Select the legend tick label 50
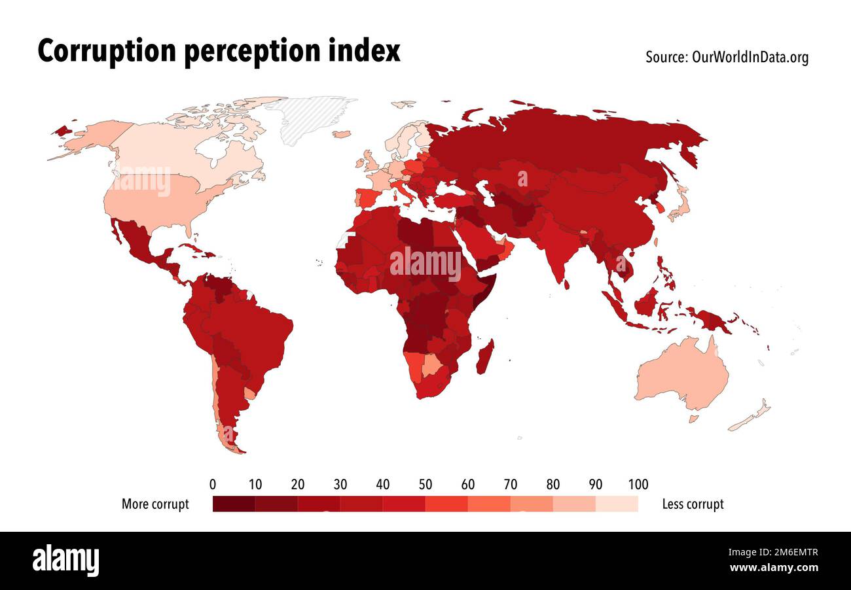tap(425, 485)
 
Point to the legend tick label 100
tap(638, 485)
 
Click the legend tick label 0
tap(213, 485)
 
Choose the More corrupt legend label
tap(155, 504)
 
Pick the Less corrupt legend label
tap(693, 504)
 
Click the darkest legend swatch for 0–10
tap(234, 504)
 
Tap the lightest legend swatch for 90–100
tap(617, 504)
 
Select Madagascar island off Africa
tap(485, 356)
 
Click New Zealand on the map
tap(750, 417)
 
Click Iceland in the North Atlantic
tap(341, 134)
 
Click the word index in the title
tap(370, 51)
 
